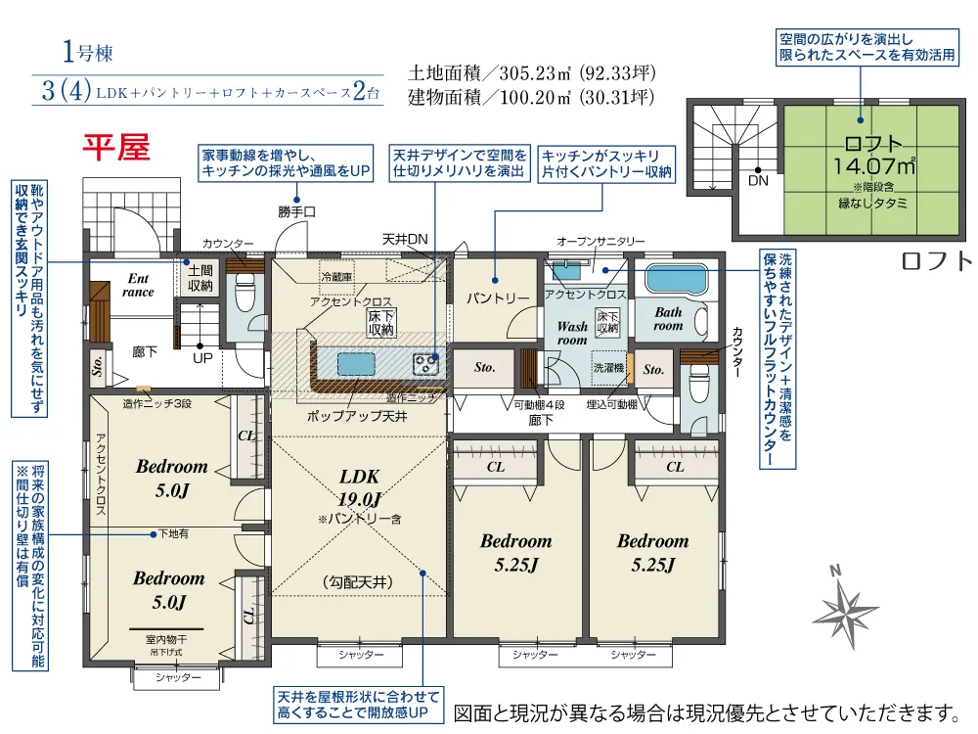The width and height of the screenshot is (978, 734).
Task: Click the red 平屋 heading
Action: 116,148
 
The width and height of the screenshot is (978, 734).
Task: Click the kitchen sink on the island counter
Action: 356,364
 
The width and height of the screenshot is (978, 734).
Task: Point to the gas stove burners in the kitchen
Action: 425,364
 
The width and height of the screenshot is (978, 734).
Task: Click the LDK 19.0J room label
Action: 360,488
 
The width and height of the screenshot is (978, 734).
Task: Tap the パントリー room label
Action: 498,298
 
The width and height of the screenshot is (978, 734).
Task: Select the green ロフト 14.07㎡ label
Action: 873,156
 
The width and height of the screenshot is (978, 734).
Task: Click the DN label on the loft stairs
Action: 758,181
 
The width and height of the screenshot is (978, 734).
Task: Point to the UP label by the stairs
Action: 202,358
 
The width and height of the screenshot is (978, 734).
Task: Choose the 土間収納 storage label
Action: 200,278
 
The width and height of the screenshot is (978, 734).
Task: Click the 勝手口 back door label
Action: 297,212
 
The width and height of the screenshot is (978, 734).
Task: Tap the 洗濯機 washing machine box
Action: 608,368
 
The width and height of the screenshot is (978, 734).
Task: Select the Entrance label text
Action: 138,285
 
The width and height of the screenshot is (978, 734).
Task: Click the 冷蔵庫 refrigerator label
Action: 336,277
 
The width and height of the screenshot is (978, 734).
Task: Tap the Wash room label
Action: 572,334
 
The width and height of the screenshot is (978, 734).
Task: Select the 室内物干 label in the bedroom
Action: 166,639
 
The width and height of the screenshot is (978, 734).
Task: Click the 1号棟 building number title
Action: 88,52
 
